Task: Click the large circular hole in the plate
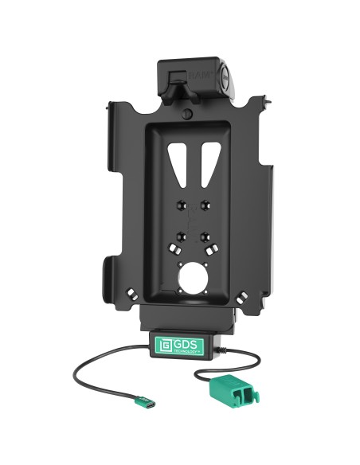point(193,281)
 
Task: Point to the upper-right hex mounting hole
point(205,203)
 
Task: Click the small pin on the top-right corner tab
point(261,103)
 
